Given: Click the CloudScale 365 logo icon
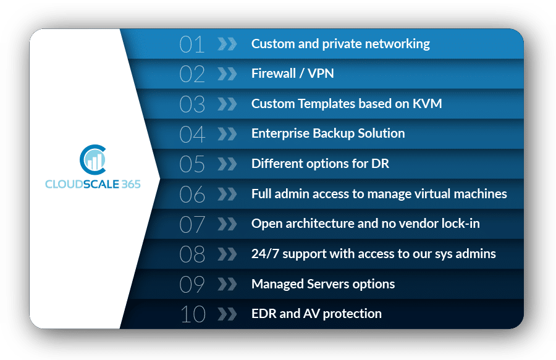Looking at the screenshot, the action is coord(93,159).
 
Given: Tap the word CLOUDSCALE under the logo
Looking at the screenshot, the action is coord(82,184).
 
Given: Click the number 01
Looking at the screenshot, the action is coord(192,44).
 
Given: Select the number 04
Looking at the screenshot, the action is coord(192,134).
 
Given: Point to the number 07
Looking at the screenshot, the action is coord(192,224).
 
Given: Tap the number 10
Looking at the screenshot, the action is coord(193,314).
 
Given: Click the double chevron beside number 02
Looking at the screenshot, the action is coord(227,73).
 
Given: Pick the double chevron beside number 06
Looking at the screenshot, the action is coord(227,194).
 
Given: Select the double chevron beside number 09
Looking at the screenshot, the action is coord(227,284).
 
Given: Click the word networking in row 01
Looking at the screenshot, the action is coord(397,44).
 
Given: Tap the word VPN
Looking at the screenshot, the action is coord(321,73).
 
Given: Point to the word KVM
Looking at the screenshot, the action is coord(428,104).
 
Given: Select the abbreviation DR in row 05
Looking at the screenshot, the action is coord(380,164).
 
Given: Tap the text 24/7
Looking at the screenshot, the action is coord(265,254).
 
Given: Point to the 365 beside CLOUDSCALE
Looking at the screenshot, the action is coord(131,184).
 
